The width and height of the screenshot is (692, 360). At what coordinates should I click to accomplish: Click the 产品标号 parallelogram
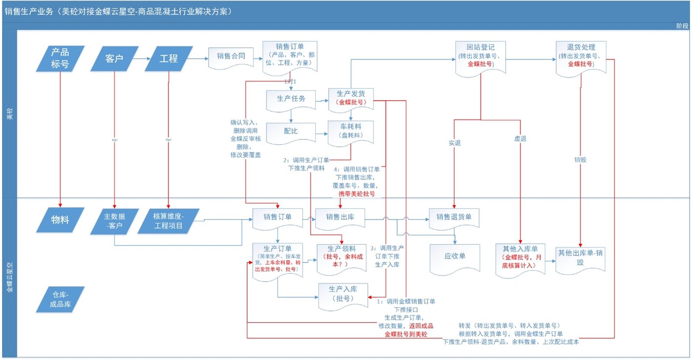pos(61,58)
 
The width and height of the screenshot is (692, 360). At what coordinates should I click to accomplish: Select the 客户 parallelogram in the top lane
pos(114,58)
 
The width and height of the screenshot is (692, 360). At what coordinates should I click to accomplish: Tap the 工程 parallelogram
pos(169,58)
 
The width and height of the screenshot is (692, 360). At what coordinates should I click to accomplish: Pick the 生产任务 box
pos(291,99)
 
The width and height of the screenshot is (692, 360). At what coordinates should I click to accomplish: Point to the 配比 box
pos(291,132)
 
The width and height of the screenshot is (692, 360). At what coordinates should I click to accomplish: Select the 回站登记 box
pos(481,57)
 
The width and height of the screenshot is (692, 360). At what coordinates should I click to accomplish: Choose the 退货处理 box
pos(581,57)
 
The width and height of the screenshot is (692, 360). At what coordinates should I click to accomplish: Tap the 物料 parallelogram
pos(61,220)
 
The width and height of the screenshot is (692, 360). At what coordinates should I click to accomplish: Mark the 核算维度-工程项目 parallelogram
pos(169,221)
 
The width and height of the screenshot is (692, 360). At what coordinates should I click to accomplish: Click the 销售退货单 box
pos(454,217)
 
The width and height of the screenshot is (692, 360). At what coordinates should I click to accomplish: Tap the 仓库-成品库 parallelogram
pos(61,299)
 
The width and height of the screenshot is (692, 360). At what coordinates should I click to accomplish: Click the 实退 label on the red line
pos(455,143)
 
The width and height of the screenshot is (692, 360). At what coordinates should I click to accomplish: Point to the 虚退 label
pos(520,139)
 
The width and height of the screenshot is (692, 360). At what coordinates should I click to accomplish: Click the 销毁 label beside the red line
pos(580,160)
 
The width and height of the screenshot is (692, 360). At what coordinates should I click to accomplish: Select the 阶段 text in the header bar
pos(681,26)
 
